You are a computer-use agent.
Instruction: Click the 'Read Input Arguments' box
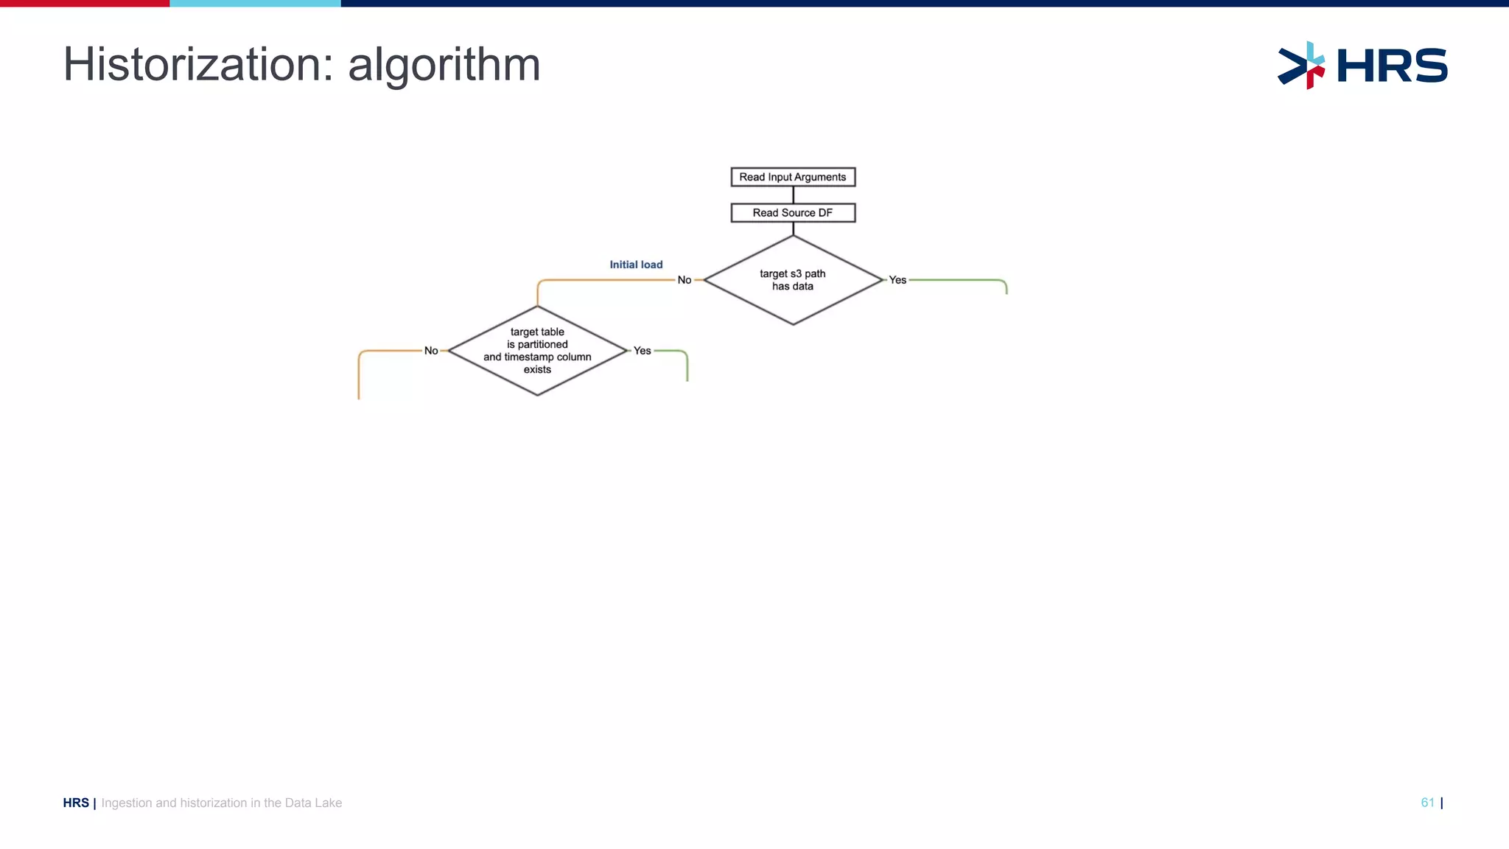(793, 177)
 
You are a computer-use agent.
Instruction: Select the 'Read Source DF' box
(793, 213)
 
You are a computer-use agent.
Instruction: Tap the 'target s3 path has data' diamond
(793, 280)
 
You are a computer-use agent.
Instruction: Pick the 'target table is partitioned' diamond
(537, 351)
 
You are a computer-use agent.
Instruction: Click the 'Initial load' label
(636, 265)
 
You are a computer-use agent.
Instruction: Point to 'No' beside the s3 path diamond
(685, 280)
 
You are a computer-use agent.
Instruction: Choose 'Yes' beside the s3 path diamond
(897, 280)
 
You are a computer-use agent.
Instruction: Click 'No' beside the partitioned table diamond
(431, 351)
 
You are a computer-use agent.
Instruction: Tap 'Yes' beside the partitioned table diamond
(643, 351)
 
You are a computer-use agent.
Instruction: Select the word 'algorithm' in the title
(444, 65)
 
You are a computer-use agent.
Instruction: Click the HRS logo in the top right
(1363, 65)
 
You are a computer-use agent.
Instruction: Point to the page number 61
(1427, 803)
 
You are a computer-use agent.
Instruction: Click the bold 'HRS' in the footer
(76, 803)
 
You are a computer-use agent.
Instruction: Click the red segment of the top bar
(85, 3)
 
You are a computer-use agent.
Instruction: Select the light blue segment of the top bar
(255, 3)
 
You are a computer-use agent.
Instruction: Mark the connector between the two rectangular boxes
(793, 195)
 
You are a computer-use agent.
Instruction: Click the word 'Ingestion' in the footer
(126, 803)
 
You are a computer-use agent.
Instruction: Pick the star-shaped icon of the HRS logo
(1302, 65)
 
